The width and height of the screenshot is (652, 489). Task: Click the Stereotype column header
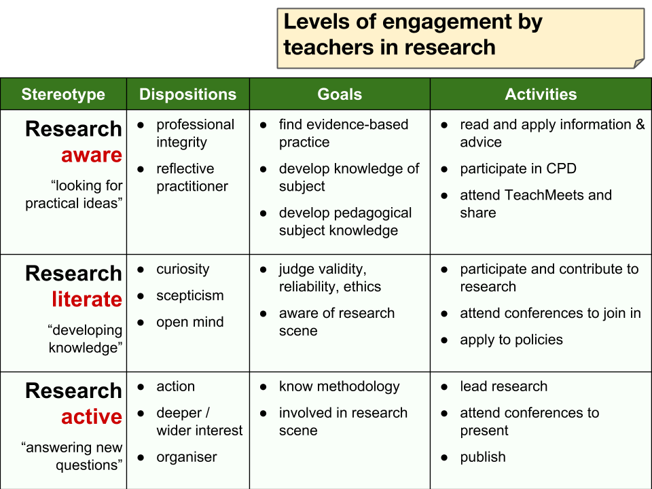click(x=63, y=94)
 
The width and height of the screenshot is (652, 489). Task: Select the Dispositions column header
click(x=188, y=94)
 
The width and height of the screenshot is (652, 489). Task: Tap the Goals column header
click(x=340, y=94)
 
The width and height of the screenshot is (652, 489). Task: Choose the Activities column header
click(x=541, y=94)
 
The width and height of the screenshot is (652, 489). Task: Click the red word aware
click(x=92, y=155)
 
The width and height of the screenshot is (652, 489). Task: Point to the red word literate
click(x=87, y=299)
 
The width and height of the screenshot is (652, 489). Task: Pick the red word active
click(x=92, y=416)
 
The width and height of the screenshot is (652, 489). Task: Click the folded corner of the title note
click(x=639, y=63)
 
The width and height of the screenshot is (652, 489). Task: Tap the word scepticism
click(x=190, y=295)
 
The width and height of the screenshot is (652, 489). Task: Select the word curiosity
click(x=183, y=270)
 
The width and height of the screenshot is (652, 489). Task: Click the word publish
click(x=483, y=457)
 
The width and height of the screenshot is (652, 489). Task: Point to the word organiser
click(x=187, y=457)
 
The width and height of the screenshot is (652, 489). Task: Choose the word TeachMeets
click(x=536, y=195)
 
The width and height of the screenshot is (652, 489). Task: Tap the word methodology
click(x=358, y=386)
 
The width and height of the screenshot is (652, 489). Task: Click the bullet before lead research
click(x=444, y=387)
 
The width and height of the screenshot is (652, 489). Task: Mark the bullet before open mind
click(x=141, y=323)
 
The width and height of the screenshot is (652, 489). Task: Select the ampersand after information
click(x=640, y=124)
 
